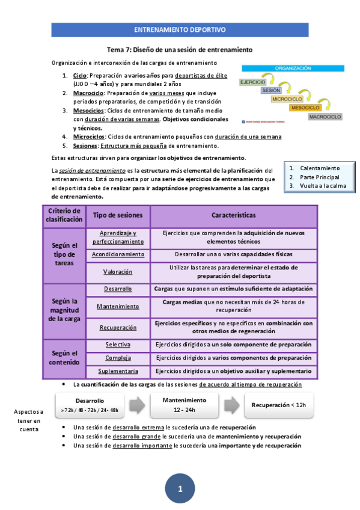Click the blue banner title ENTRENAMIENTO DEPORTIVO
pyautogui.click(x=179, y=29)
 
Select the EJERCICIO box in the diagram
pyautogui.click(x=252, y=82)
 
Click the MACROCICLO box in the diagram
pyautogui.click(x=325, y=116)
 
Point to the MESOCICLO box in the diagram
pyautogui.click(x=306, y=107)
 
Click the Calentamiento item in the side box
pyautogui.click(x=319, y=168)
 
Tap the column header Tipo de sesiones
pyautogui.click(x=118, y=215)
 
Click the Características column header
pyautogui.click(x=233, y=215)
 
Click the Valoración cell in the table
pyautogui.click(x=118, y=272)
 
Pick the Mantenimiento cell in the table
pyautogui.click(x=118, y=307)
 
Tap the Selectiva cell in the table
pyautogui.click(x=118, y=345)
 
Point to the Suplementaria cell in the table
pyautogui.click(x=118, y=371)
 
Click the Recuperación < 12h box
pyautogui.click(x=282, y=405)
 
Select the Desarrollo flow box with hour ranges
pyautogui.click(x=90, y=405)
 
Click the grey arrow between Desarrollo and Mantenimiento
pyautogui.click(x=137, y=405)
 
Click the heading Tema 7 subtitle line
pyautogui.click(x=179, y=49)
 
